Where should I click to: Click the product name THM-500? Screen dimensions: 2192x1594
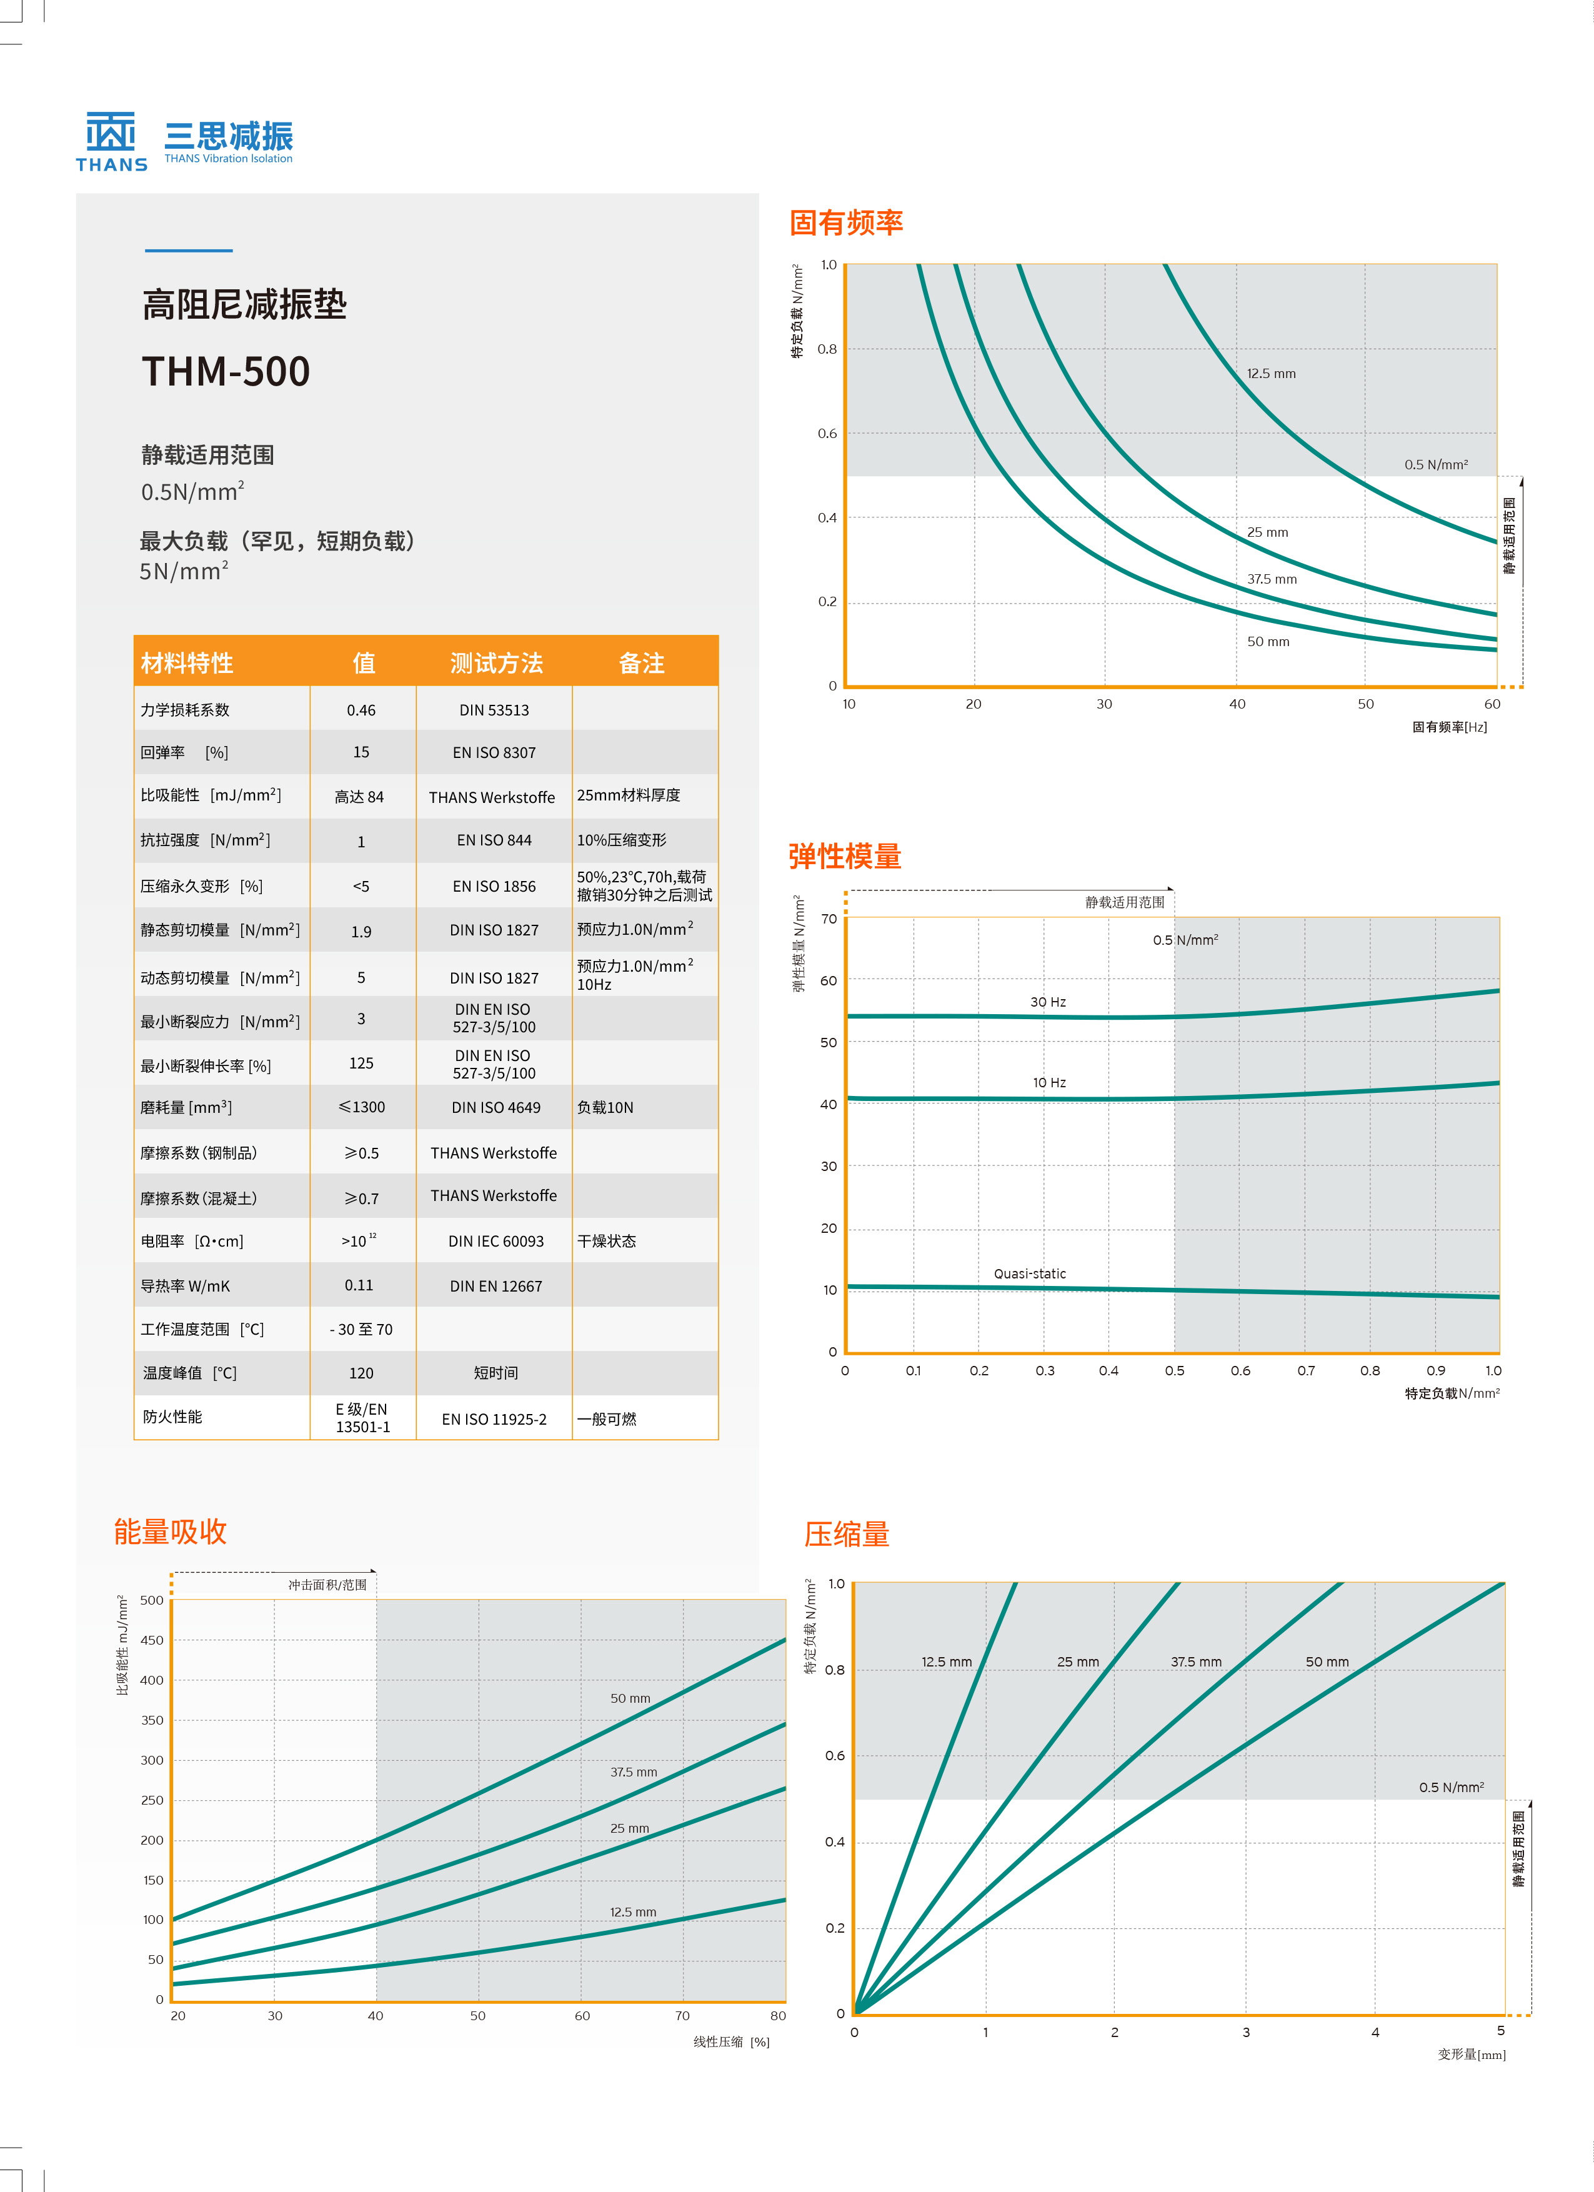(226, 372)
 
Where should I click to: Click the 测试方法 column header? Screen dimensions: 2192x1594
(496, 663)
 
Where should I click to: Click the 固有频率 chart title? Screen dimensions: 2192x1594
(846, 223)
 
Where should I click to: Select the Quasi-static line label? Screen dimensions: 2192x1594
(1030, 1274)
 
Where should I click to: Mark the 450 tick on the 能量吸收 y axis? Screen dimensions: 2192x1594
(152, 1640)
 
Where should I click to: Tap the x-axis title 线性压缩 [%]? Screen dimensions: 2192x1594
(731, 2042)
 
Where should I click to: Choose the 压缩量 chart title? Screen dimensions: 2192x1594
(847, 1535)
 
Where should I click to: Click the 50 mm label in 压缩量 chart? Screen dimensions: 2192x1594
(1327, 1662)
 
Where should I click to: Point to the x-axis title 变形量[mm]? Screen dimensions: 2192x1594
(1472, 2055)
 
